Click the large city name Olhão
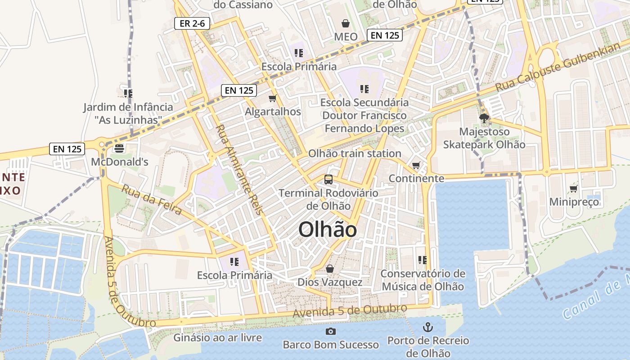[328, 230]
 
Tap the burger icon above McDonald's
[119, 148]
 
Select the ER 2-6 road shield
[192, 23]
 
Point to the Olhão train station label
[355, 153]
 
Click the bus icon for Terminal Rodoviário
[328, 180]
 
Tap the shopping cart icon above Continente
[416, 165]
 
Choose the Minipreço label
[574, 202]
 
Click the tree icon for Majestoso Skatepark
[484, 118]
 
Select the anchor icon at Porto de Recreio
[428, 327]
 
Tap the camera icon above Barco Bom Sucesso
[331, 332]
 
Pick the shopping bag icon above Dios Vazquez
[330, 269]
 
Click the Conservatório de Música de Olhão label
[423, 280]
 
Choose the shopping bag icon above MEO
[346, 23]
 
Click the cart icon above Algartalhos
[272, 99]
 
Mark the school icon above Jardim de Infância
[128, 93]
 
